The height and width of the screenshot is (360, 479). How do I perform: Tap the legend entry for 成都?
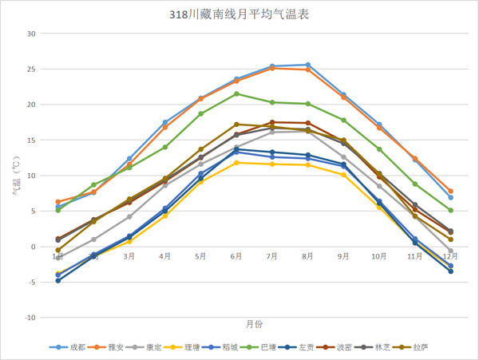(71, 347)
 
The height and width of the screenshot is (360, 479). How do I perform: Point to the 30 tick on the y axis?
(31, 34)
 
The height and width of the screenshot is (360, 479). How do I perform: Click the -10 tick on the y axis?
(30, 318)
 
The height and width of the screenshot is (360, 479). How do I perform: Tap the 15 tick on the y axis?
(31, 140)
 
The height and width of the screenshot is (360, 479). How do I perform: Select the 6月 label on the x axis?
(236, 256)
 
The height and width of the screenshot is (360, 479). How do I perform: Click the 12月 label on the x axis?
(450, 256)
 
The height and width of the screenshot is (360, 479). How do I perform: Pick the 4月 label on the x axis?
(164, 256)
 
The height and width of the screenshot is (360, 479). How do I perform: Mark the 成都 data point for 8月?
(308, 65)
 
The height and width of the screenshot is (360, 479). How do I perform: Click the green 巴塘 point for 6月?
(236, 94)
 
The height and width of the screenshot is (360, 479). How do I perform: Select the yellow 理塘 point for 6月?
(236, 163)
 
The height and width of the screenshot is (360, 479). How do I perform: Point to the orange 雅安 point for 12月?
(450, 192)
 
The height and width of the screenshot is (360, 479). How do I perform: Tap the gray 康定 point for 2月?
(93, 239)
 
